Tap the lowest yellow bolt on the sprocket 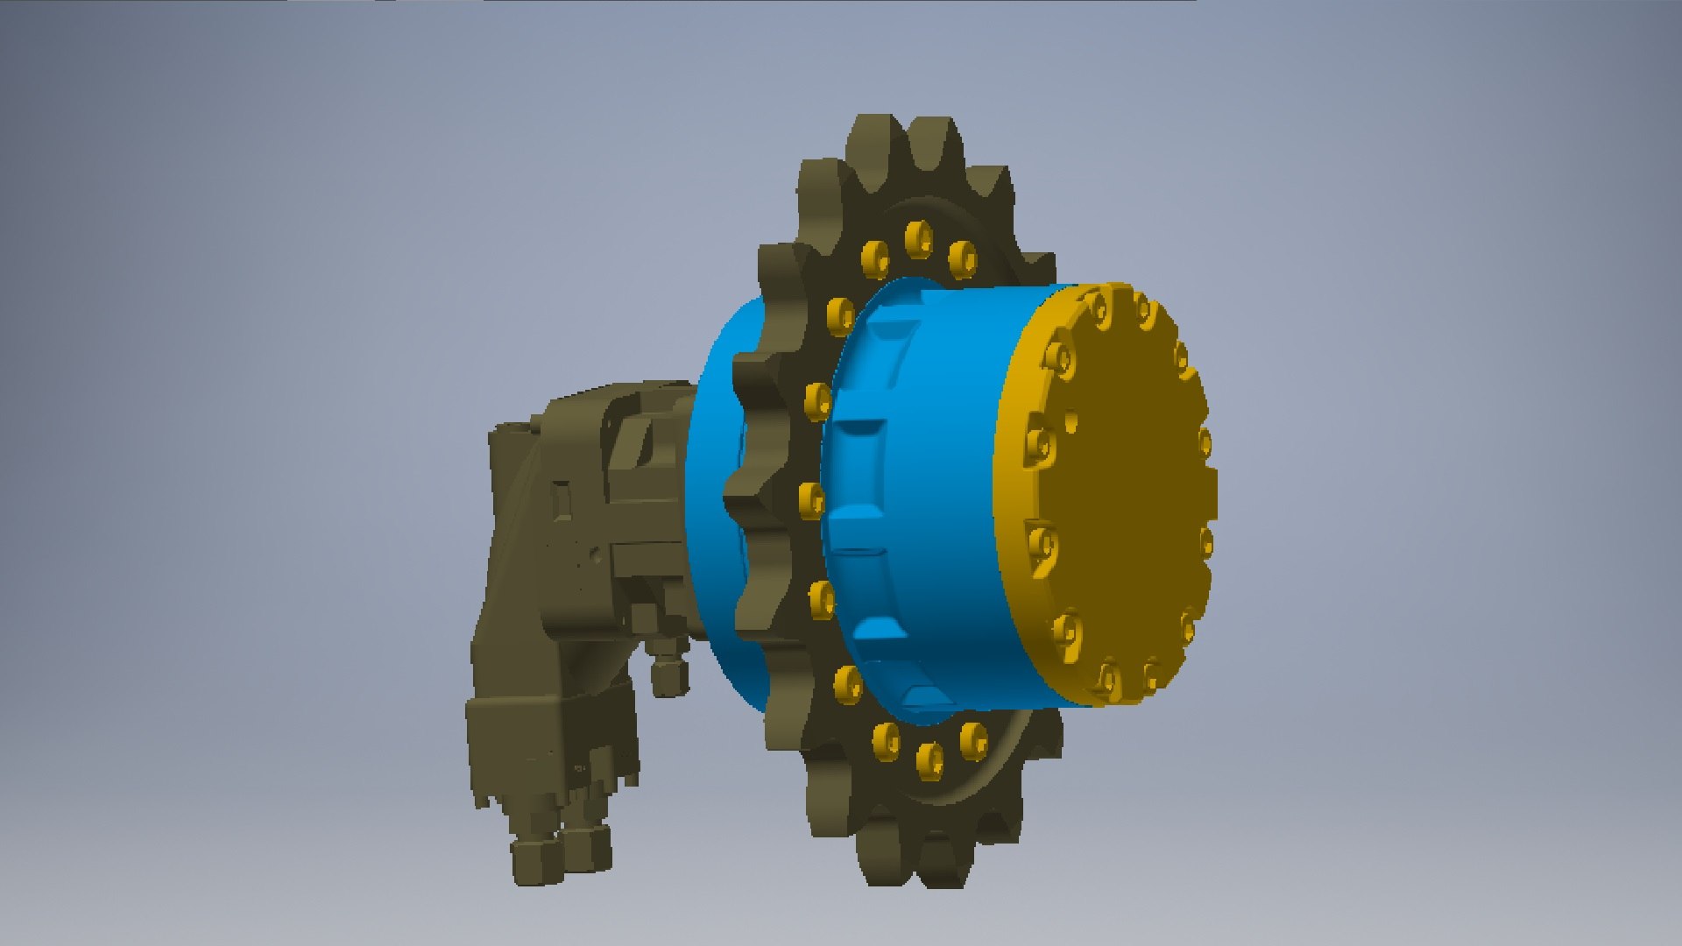point(929,759)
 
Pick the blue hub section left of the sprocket point(714,491)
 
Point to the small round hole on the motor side point(597,554)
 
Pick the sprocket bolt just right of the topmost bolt point(962,258)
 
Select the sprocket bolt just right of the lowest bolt point(972,739)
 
